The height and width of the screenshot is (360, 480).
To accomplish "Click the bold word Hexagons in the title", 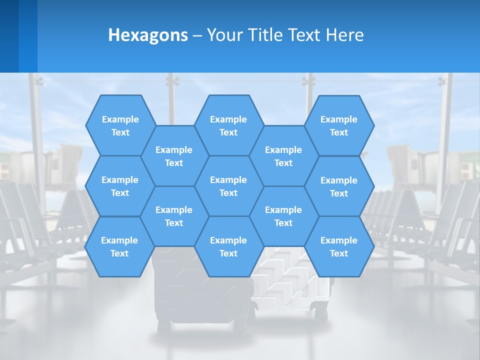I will pyautogui.click(x=148, y=35).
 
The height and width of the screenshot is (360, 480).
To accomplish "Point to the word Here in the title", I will pyautogui.click(x=344, y=35).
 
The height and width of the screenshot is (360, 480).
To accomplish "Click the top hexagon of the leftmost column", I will pyautogui.click(x=120, y=125).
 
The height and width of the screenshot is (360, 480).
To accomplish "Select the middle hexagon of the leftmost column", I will pyautogui.click(x=120, y=186).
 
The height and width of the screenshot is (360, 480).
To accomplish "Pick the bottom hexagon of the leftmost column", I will pyautogui.click(x=119, y=246).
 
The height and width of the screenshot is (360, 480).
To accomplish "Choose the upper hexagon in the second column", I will pyautogui.click(x=174, y=156).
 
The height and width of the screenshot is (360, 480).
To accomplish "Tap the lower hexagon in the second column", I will pyautogui.click(x=174, y=216).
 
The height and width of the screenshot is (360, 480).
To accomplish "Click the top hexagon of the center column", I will pyautogui.click(x=228, y=125).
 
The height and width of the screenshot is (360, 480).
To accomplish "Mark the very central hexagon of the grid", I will pyautogui.click(x=228, y=186).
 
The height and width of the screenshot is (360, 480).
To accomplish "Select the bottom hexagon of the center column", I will pyautogui.click(x=228, y=246).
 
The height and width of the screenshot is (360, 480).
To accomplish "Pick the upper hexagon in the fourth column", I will pyautogui.click(x=283, y=156).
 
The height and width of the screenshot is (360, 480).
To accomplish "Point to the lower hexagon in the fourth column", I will pyautogui.click(x=283, y=216).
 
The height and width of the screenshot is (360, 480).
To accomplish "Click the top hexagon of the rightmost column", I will pyautogui.click(x=339, y=125).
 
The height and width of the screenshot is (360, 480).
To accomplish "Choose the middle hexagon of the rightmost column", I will pyautogui.click(x=339, y=186).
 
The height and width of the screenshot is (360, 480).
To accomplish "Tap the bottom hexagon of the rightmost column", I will pyautogui.click(x=339, y=246).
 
